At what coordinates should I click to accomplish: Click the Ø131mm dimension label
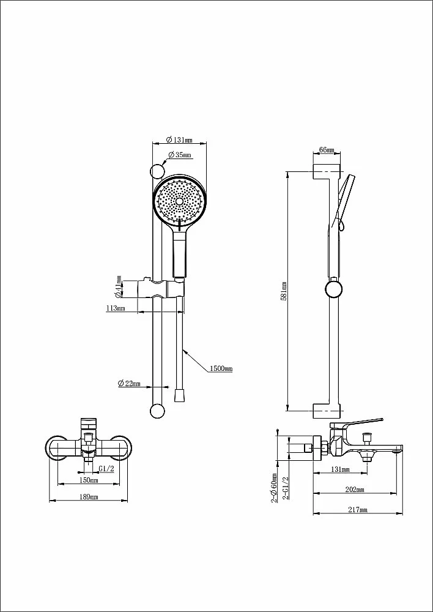179,140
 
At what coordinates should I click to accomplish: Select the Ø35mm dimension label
180,155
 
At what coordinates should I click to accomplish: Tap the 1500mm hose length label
221,368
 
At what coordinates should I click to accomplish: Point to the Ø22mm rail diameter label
129,383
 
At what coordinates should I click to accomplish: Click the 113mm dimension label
116,308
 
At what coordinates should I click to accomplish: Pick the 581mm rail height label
284,291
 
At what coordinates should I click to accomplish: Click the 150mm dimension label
88,480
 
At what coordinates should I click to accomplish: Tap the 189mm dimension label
89,497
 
